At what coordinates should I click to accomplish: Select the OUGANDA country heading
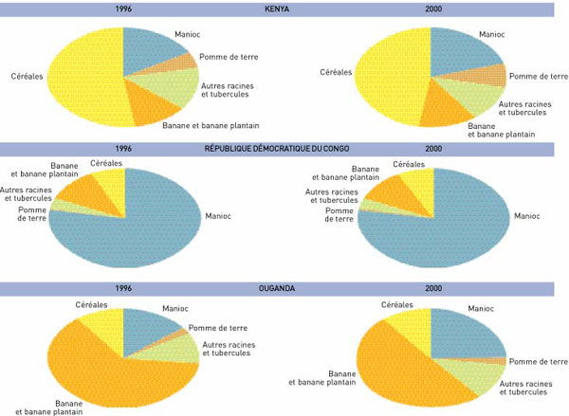tap(277, 288)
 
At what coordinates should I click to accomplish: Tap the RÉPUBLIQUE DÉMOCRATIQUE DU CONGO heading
tap(277, 149)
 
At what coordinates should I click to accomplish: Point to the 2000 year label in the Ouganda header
tap(433, 288)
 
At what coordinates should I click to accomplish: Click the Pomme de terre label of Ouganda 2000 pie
tap(539, 361)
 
